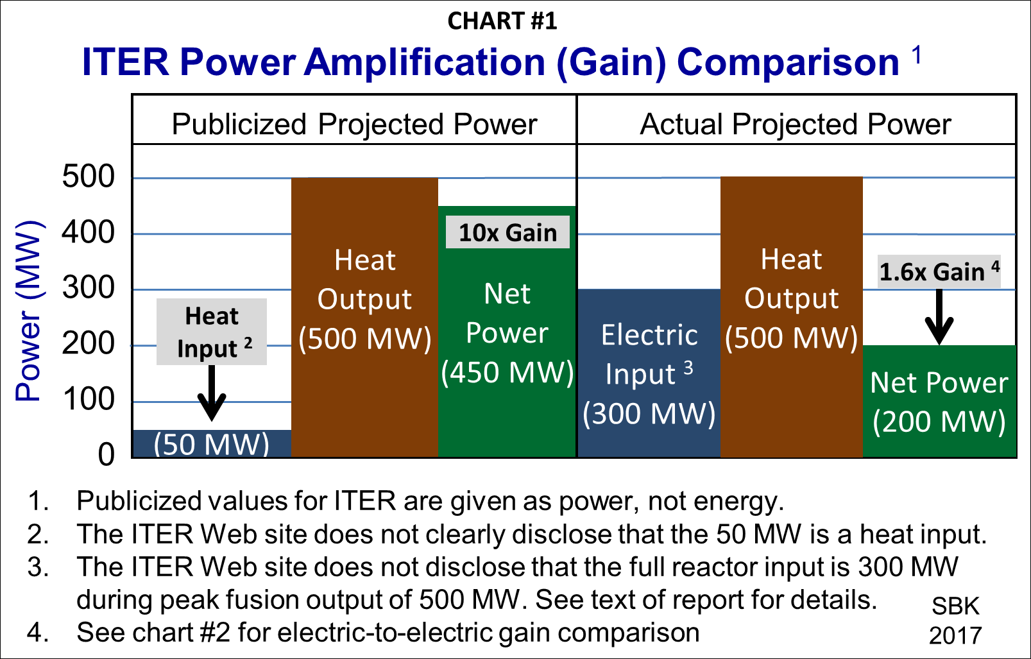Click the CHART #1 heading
pyautogui.click(x=502, y=21)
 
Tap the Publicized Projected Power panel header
pyautogui.click(x=354, y=124)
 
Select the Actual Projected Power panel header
pyautogui.click(x=796, y=124)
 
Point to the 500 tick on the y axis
pyautogui.click(x=89, y=176)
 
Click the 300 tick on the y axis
pyautogui.click(x=89, y=288)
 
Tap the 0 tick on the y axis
pyautogui.click(x=106, y=454)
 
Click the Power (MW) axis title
pyautogui.click(x=29, y=311)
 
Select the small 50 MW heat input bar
pyautogui.click(x=211, y=443)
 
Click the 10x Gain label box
pyautogui.click(x=507, y=232)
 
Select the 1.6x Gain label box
pyautogui.click(x=939, y=271)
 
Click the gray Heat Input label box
pyautogui.click(x=212, y=332)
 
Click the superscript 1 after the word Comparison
pyautogui.click(x=917, y=55)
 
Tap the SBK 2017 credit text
pyautogui.click(x=955, y=620)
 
